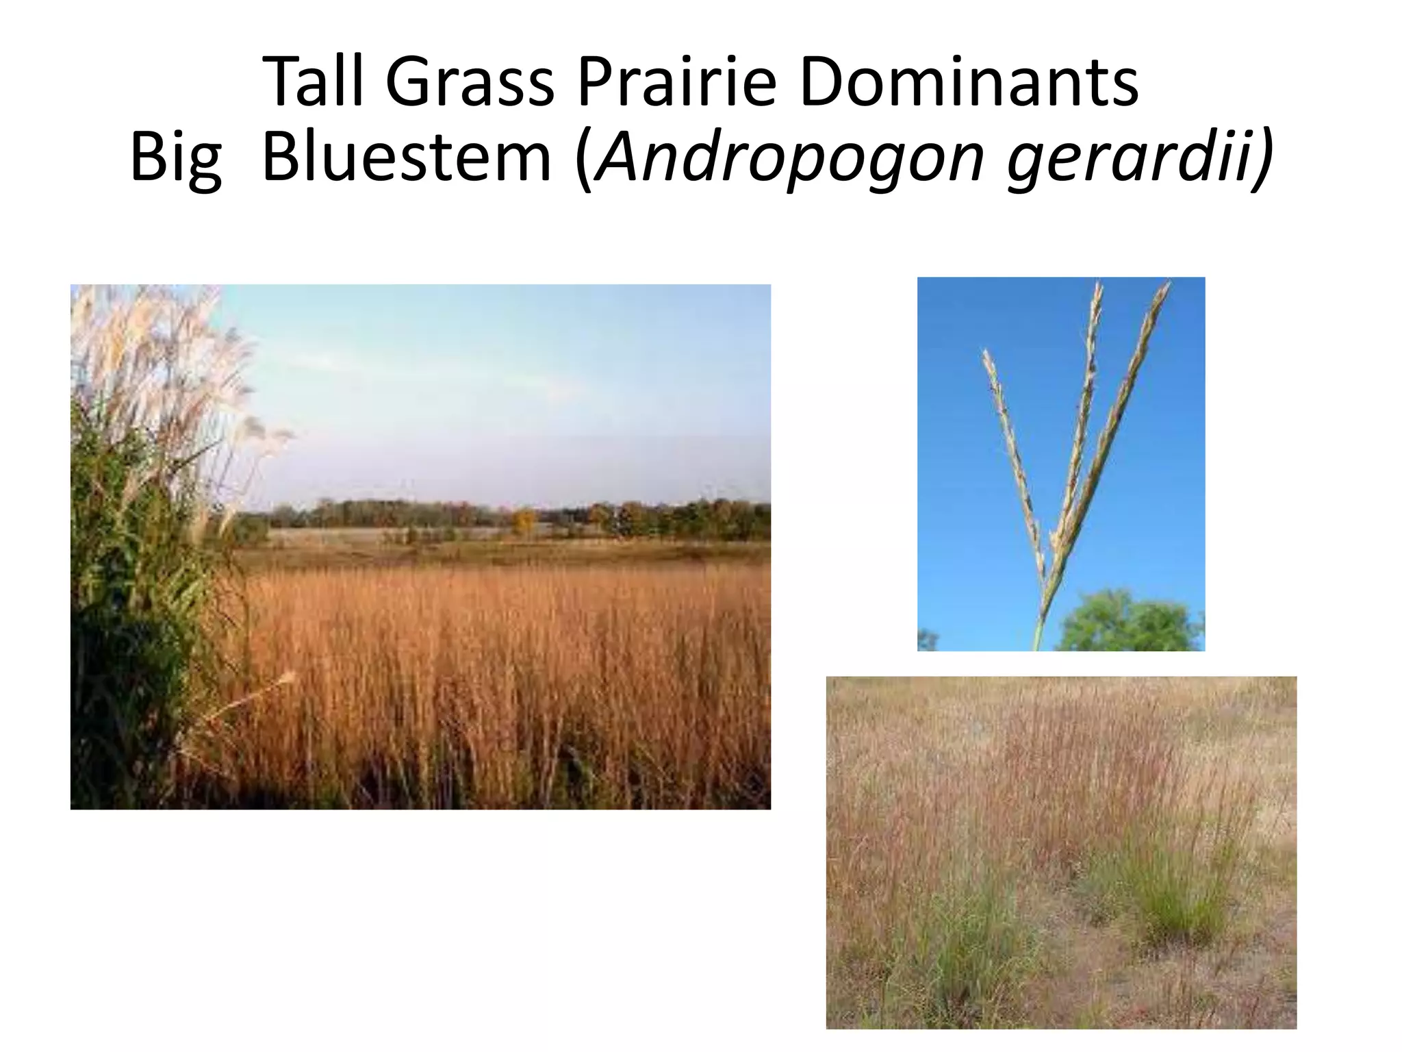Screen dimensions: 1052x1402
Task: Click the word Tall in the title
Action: pyautogui.click(x=312, y=82)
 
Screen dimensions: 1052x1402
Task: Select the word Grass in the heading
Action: pyautogui.click(x=470, y=82)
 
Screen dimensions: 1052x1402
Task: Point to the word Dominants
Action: pyautogui.click(x=969, y=82)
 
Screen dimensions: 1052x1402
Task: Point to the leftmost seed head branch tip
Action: pyautogui.click(x=986, y=355)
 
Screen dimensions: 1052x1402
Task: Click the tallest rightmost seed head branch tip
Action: pyautogui.click(x=1164, y=286)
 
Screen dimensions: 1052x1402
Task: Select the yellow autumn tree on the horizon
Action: pyautogui.click(x=524, y=521)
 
